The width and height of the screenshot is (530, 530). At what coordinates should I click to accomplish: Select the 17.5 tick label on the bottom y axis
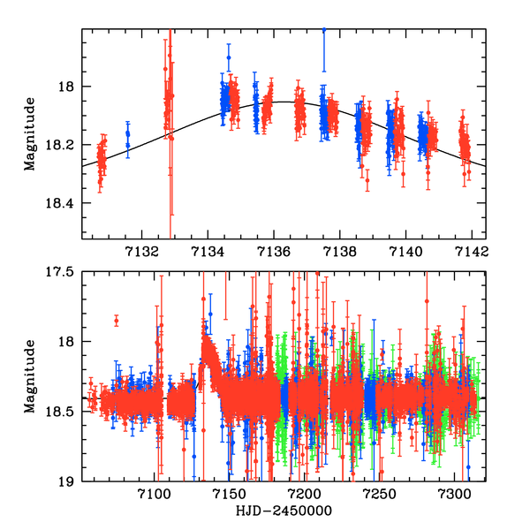pos(63,272)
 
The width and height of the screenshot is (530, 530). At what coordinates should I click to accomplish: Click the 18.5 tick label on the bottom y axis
pos(63,412)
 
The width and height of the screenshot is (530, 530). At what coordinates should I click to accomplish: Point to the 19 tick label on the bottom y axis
pos(70,481)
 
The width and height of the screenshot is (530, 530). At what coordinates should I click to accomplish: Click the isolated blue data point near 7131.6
pos(128,134)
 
